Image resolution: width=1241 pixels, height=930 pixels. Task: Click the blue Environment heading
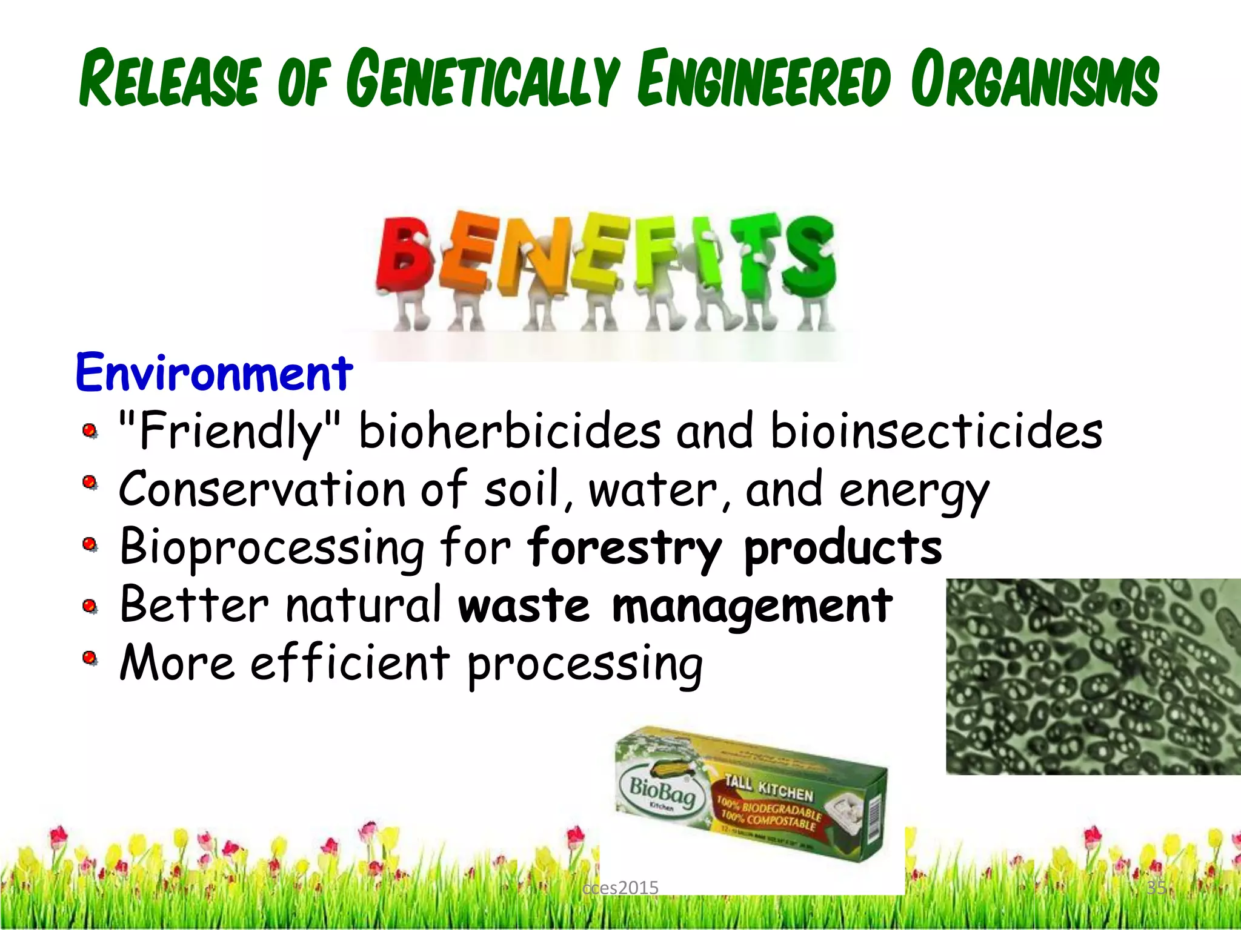(214, 372)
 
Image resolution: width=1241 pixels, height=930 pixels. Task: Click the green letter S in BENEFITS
(809, 254)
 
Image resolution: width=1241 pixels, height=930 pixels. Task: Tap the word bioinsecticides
(936, 432)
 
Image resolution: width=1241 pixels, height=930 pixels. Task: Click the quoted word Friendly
(230, 432)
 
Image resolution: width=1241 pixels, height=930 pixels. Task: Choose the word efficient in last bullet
(350, 663)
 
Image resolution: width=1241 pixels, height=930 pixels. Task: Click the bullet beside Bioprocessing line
(90, 546)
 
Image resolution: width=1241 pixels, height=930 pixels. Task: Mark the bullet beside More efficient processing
(90, 659)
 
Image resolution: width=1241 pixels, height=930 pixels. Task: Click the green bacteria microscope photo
(1093, 676)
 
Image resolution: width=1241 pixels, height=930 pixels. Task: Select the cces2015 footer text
(620, 888)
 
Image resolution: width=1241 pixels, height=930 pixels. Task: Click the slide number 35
(1156, 888)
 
